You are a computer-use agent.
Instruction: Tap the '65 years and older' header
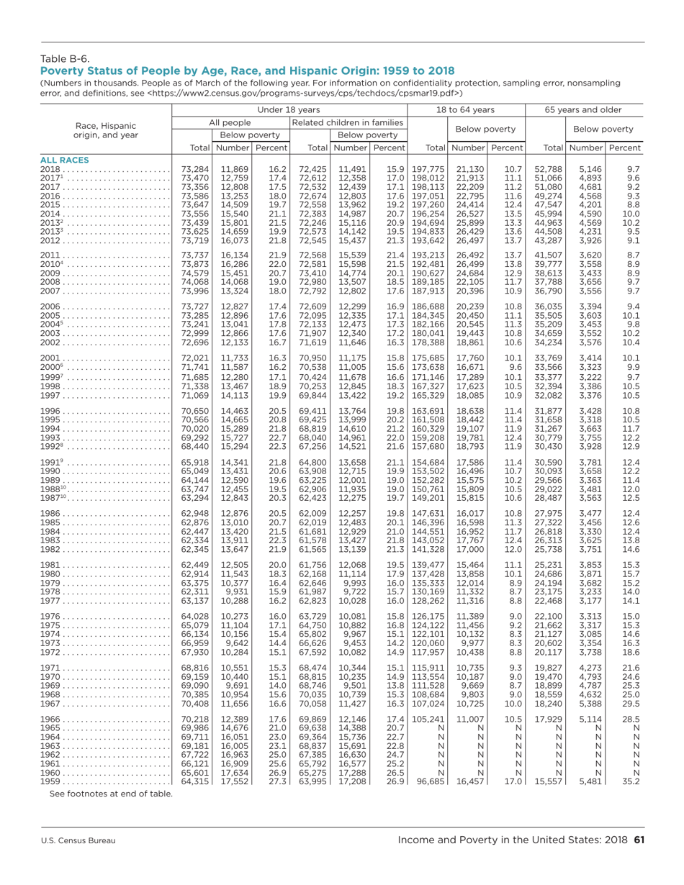585,109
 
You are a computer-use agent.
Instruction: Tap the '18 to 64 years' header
467,109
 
